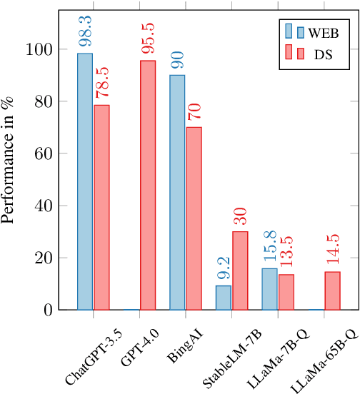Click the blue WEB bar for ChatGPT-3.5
(85, 181)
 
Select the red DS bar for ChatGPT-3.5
(101, 207)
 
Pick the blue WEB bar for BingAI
(178, 192)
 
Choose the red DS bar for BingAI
(194, 218)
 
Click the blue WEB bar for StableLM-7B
(224, 298)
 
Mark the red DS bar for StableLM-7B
(239, 271)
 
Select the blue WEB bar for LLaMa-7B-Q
(270, 289)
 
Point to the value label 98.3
(85, 34)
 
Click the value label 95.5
(147, 41)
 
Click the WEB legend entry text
(324, 31)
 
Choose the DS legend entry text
(324, 54)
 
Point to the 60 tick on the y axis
(45, 153)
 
